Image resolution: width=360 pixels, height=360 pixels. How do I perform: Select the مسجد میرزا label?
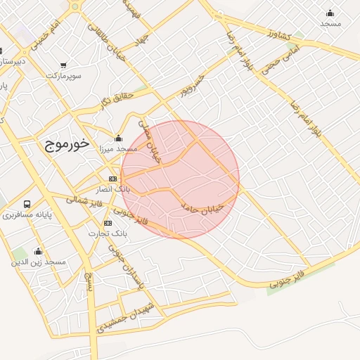[117, 149]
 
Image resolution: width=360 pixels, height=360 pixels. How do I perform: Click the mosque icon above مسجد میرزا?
[118, 138]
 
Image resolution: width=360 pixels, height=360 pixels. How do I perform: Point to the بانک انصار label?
[113, 189]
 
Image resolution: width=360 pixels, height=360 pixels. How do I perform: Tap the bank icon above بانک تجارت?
[108, 223]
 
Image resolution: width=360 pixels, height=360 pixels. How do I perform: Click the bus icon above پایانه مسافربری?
[27, 204]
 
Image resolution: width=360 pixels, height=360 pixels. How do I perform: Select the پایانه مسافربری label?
[27, 214]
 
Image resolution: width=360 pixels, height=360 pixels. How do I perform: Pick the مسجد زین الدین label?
[38, 262]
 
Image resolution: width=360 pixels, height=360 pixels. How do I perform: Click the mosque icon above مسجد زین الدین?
[38, 251]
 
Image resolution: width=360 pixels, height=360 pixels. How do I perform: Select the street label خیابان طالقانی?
[106, 43]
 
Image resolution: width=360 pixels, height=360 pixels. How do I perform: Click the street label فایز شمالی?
[84, 202]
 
